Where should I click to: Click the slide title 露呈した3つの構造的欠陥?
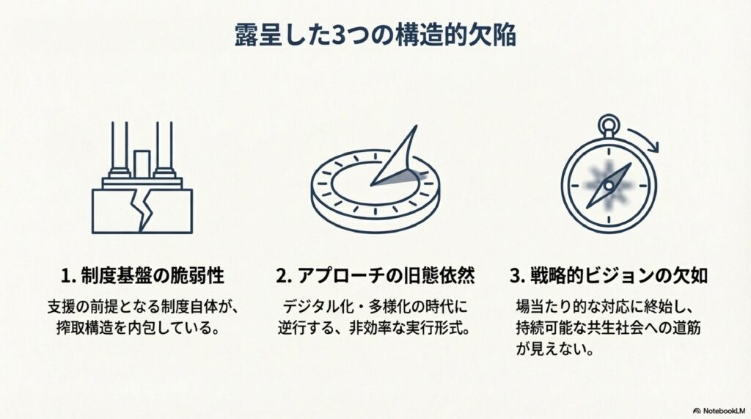[375, 35]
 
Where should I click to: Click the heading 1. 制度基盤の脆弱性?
[142, 276]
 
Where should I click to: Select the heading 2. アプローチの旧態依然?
[375, 276]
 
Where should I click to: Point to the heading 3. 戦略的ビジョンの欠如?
[608, 276]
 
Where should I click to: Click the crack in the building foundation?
[142, 210]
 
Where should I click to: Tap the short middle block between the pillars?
[142, 164]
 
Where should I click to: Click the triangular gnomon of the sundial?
[395, 157]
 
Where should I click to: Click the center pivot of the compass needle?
[608, 185]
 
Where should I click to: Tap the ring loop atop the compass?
[608, 125]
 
